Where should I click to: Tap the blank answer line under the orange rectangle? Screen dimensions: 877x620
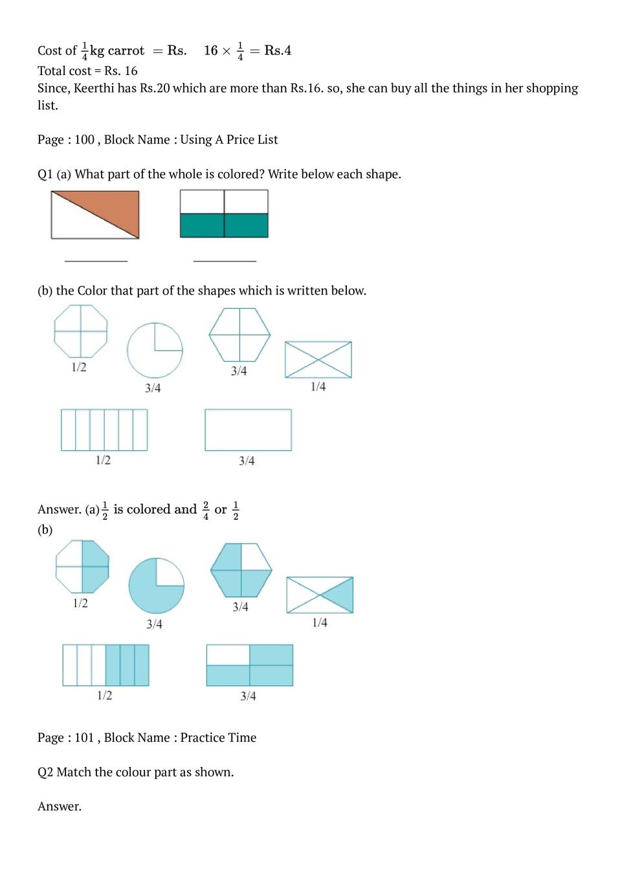click(x=96, y=260)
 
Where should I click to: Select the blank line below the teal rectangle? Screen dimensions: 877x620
click(x=225, y=260)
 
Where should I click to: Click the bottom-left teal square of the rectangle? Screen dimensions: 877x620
click(x=202, y=226)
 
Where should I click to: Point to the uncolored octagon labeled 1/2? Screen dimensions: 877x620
click(x=81, y=331)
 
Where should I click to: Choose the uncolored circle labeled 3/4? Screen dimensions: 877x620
click(x=155, y=350)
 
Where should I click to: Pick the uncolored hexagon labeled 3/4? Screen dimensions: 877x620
click(x=239, y=335)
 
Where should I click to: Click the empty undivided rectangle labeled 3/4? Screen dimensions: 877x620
click(x=248, y=430)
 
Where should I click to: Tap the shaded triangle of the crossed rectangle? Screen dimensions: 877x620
click(x=340, y=595)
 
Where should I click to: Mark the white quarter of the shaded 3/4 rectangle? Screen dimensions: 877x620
click(x=228, y=655)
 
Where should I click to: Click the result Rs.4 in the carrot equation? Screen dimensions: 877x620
click(x=278, y=50)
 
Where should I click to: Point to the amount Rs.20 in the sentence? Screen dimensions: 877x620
click(x=155, y=88)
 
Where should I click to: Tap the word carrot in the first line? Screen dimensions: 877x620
click(x=126, y=50)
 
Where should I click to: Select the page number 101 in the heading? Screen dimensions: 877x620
click(x=84, y=738)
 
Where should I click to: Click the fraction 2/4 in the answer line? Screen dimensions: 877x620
click(x=206, y=510)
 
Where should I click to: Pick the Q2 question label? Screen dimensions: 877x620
click(x=45, y=772)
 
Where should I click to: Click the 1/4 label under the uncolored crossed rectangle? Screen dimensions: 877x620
click(x=318, y=386)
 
